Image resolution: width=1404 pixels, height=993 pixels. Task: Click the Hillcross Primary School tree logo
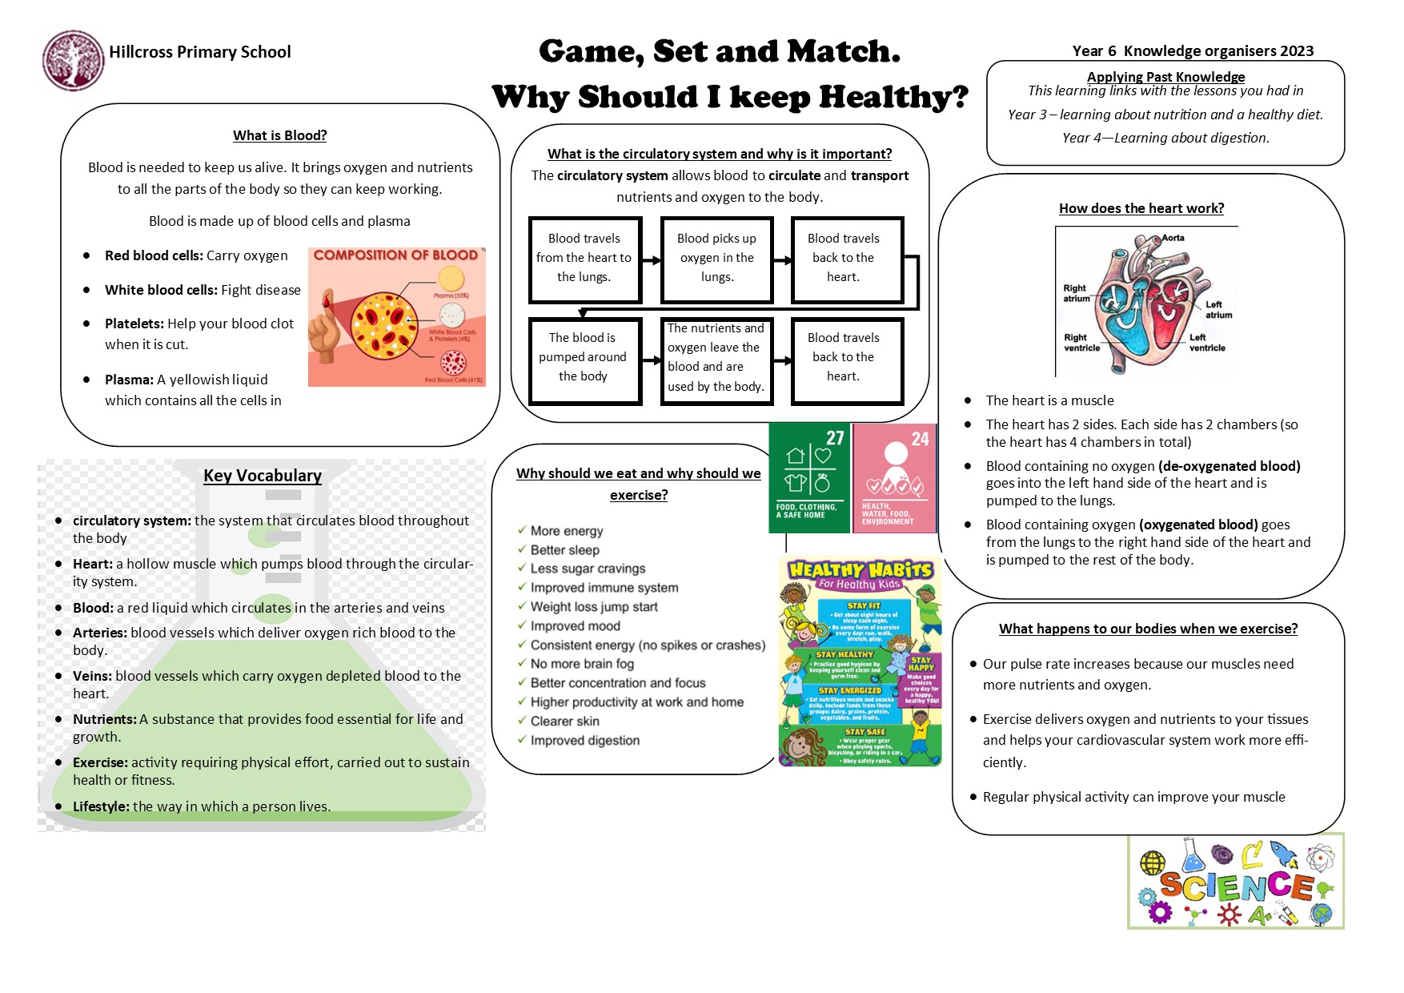coord(73,60)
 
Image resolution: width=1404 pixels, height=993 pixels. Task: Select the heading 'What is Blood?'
coord(279,135)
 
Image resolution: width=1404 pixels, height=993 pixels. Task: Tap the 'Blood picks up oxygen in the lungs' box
coord(716,258)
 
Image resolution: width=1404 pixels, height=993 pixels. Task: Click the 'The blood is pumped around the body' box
coord(583,357)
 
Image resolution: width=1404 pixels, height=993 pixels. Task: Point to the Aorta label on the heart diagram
coord(1173,238)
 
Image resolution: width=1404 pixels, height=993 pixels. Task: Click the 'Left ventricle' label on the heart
coord(1206,343)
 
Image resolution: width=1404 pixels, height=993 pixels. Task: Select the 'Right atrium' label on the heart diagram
coord(1075,293)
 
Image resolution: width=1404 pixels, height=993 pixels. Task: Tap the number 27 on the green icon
coord(835,438)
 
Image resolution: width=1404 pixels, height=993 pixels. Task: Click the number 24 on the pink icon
coord(920,439)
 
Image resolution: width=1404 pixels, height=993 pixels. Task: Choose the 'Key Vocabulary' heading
coord(263,476)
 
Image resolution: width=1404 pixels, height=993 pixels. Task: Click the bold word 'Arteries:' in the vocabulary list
coord(100,633)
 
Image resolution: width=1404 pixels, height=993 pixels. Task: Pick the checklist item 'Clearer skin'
coord(564,721)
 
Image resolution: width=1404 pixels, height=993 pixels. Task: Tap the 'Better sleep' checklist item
coord(564,550)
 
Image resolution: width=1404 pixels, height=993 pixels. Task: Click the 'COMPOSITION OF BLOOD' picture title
coord(395,255)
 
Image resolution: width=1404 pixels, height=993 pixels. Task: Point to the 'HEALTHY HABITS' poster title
coord(860,570)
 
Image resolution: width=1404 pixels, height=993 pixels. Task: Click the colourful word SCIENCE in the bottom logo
coord(1236,886)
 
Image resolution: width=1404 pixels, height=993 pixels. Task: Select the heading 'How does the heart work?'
coord(1141,208)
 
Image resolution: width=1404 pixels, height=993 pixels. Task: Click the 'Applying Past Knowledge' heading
coord(1165,77)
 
